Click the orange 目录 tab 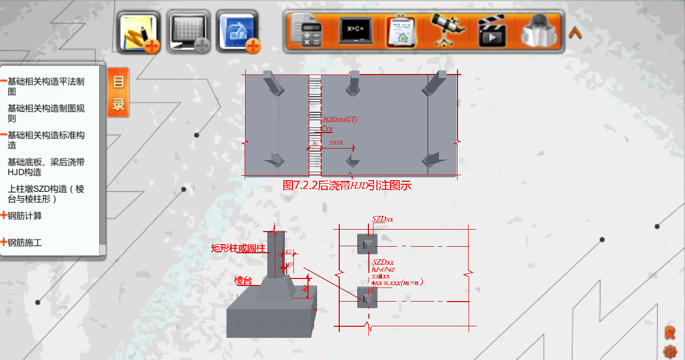coord(118,93)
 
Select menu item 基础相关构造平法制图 coord(46,86)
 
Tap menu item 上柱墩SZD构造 coord(46,194)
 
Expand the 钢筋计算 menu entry coord(25,216)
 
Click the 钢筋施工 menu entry coord(25,243)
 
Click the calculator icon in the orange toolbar coord(307,31)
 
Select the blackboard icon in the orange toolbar coord(355,31)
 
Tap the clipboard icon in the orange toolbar coord(401,31)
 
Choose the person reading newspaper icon coord(539,31)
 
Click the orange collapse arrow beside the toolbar coord(575,33)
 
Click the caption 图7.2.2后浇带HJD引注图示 coord(347,185)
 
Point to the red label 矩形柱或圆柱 coord(238,248)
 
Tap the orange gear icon coord(670,351)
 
